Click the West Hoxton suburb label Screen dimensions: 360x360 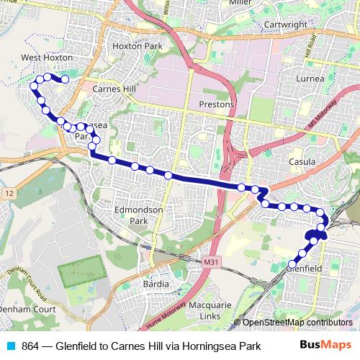(47, 57)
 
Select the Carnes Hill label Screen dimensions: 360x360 (114, 89)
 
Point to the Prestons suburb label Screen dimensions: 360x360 (217, 104)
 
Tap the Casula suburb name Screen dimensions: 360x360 (302, 162)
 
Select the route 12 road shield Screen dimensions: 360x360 (9, 194)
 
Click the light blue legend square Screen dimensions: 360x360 (9, 346)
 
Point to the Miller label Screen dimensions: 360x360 (239, 3)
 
